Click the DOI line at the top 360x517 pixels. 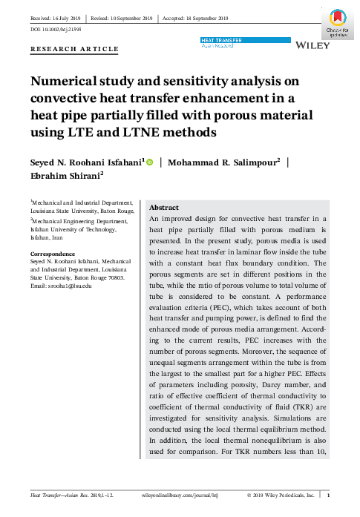pos(55,29)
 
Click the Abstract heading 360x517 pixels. pos(165,208)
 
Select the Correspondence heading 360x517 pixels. pos(53,253)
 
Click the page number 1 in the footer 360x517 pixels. pos(338,494)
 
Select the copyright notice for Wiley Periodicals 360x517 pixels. pos(284,494)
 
